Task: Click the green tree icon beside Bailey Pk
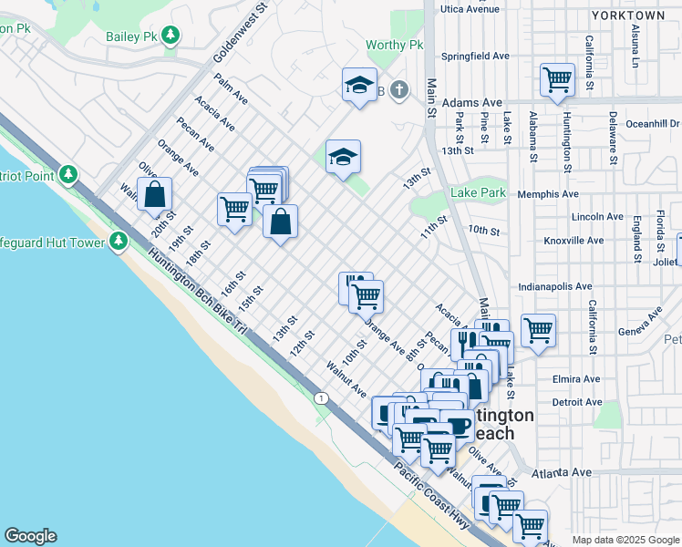click(170, 36)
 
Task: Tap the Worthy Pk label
click(395, 45)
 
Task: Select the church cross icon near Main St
click(398, 89)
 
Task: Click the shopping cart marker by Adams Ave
click(557, 78)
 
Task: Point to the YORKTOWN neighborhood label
click(627, 15)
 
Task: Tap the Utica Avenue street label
click(470, 8)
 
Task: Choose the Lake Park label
click(478, 193)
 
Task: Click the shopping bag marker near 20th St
click(155, 193)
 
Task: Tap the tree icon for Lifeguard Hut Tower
click(118, 241)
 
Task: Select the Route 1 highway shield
click(321, 397)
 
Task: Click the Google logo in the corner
click(30, 536)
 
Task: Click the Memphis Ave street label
click(548, 194)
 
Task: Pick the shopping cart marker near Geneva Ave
click(538, 330)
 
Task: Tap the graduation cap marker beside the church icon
click(360, 86)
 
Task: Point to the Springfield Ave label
click(474, 56)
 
